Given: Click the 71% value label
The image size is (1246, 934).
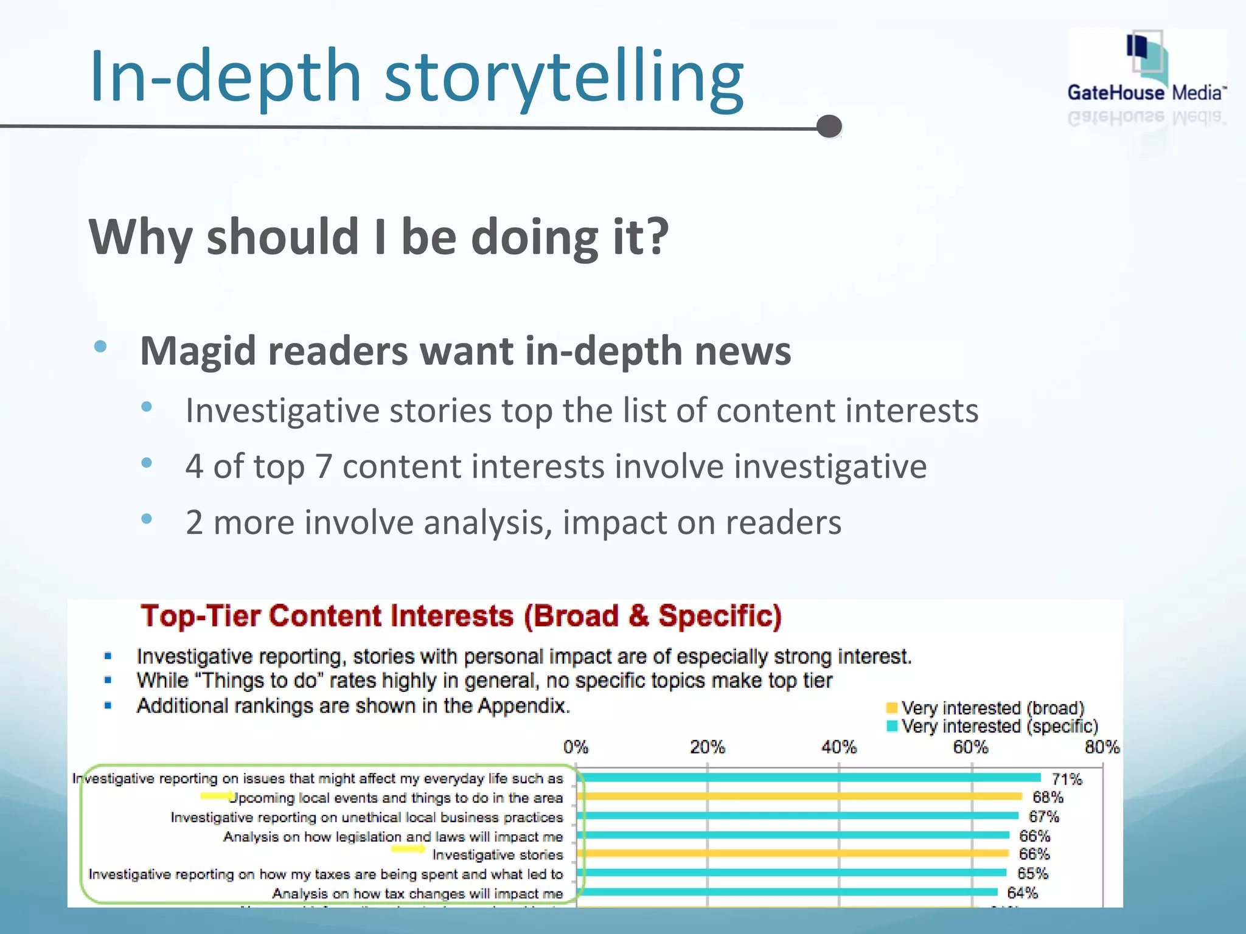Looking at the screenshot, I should (1067, 779).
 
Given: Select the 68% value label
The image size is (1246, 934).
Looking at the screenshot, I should (1048, 797).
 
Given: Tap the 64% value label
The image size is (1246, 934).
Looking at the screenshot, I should (1022, 893).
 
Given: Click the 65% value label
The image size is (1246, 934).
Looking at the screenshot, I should (1032, 873).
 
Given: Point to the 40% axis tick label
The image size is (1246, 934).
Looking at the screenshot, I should (838, 747).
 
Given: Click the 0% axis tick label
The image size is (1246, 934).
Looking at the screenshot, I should (576, 747).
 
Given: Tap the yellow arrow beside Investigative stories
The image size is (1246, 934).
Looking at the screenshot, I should (408, 849).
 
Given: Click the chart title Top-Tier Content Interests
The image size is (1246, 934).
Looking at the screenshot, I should (461, 616).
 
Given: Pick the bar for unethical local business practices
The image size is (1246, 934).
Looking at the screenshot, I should (797, 815).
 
